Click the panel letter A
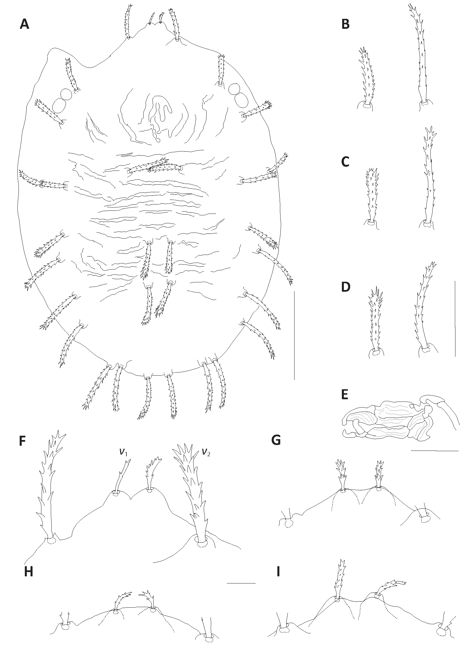pyautogui.click(x=25, y=24)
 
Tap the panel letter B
pyautogui.click(x=345, y=24)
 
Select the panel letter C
pyautogui.click(x=345, y=162)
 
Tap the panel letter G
pyautogui.click(x=276, y=441)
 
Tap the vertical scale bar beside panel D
pyautogui.click(x=455, y=319)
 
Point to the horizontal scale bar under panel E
pyautogui.click(x=435, y=451)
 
